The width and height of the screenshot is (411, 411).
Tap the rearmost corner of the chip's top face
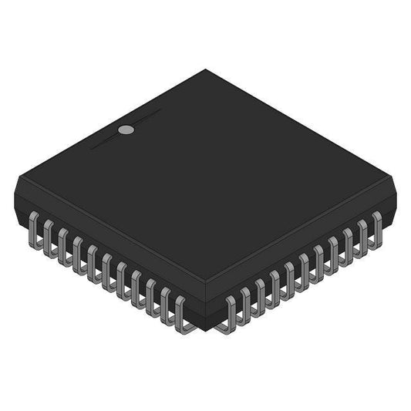tap(205, 70)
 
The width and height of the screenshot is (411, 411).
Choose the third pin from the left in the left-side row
tap(63, 243)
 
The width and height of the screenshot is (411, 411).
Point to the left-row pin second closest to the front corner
tap(167, 304)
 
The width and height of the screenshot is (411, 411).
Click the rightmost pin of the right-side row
tap(376, 225)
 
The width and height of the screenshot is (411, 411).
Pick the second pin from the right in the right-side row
tap(362, 233)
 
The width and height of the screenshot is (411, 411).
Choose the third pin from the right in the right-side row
tap(348, 241)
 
